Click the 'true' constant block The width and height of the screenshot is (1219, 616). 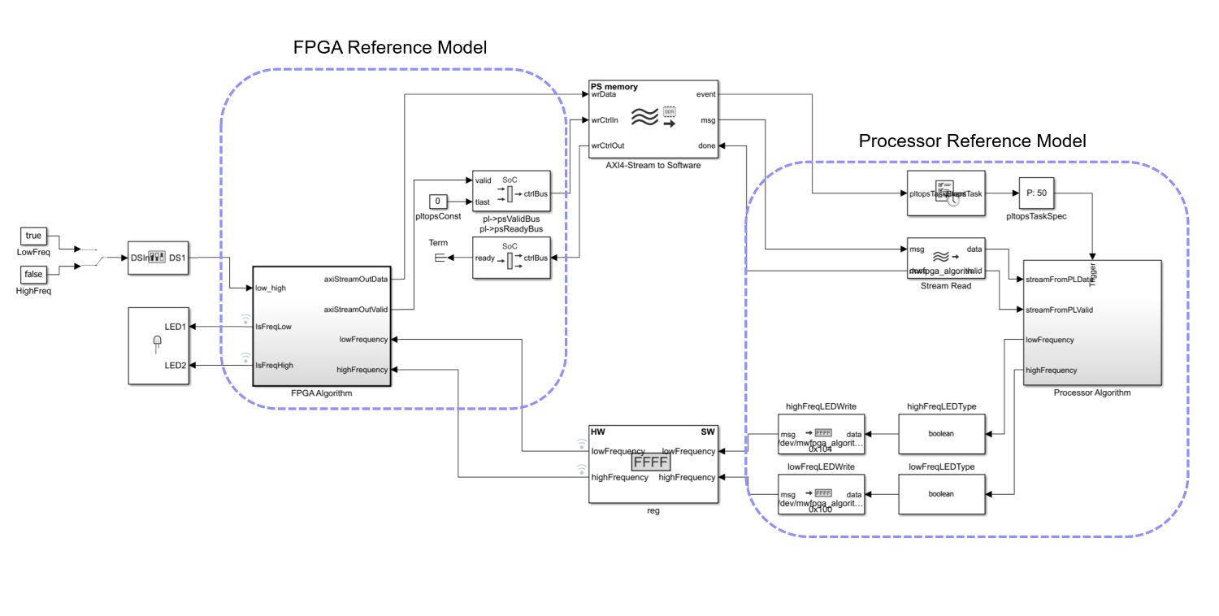(x=33, y=236)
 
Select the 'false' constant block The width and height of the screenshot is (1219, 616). (x=33, y=274)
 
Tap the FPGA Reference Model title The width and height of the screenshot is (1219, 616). (x=389, y=48)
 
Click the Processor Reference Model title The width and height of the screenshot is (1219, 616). (x=972, y=141)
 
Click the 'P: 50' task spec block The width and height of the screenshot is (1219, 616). (x=1037, y=193)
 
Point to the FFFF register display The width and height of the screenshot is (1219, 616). (x=650, y=463)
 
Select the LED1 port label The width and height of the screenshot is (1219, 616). (x=176, y=327)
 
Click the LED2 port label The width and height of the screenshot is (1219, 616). (x=176, y=365)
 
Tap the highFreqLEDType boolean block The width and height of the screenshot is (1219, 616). (x=941, y=433)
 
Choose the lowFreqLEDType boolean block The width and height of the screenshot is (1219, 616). (x=941, y=493)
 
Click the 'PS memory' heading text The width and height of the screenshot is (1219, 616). (x=614, y=86)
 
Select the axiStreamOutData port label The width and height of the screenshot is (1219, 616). (x=356, y=279)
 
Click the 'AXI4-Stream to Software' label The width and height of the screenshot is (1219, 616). (x=653, y=165)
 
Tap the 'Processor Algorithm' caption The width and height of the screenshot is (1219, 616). (x=1091, y=393)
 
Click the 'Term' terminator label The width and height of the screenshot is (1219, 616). (x=438, y=243)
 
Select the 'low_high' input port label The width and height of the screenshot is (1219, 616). (x=271, y=288)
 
